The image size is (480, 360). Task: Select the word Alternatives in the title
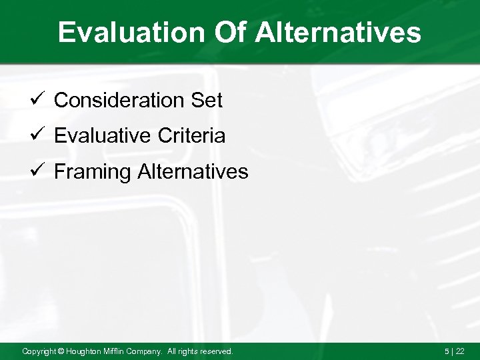pos(339,33)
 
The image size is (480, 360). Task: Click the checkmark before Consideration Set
pos(37,100)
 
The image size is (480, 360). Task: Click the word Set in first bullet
pos(207,101)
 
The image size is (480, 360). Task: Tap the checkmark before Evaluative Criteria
pos(37,136)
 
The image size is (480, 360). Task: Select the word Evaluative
pos(103,137)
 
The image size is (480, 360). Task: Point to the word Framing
pos(92,173)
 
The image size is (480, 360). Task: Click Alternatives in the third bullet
pos(193,172)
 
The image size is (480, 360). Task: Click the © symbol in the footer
pos(61,351)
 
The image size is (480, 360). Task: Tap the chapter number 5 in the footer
pos(447,351)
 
